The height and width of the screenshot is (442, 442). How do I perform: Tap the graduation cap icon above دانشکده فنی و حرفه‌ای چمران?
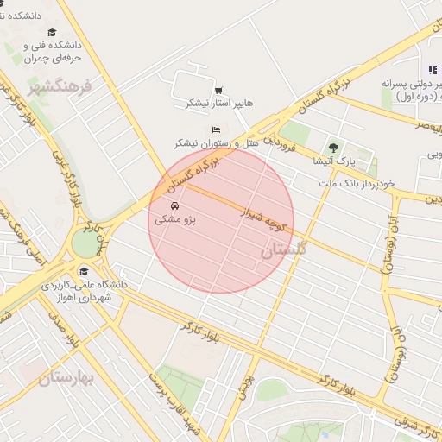click(x=52, y=32)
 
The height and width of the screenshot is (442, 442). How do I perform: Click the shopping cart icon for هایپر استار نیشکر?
click(x=218, y=90)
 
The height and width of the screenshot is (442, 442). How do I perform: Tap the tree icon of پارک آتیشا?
click(x=332, y=146)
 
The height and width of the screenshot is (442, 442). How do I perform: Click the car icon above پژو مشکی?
click(x=175, y=207)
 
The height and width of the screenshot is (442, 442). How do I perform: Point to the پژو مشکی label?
click(x=175, y=220)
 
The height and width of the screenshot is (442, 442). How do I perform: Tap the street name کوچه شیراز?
click(x=263, y=214)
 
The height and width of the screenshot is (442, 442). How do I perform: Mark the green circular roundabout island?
click(x=85, y=243)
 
